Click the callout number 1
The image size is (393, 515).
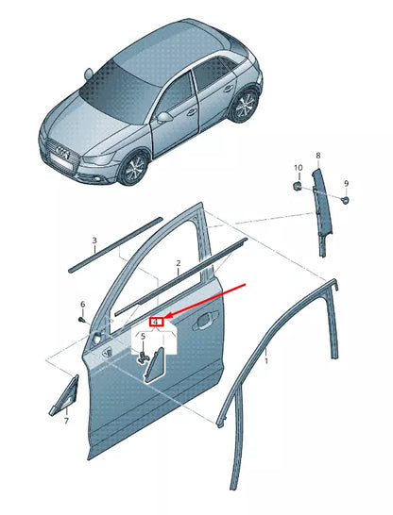(x=266, y=361)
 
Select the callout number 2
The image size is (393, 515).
(x=179, y=263)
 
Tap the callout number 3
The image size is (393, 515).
(x=94, y=241)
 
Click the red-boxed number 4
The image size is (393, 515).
(x=157, y=322)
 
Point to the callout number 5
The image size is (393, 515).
(x=143, y=337)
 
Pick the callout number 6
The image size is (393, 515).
(x=83, y=305)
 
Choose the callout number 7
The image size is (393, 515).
(x=66, y=421)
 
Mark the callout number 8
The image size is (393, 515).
(x=318, y=156)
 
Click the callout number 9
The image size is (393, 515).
(x=346, y=184)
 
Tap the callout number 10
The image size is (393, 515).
(x=298, y=168)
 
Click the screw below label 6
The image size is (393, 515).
(x=82, y=320)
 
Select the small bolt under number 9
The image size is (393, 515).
(x=345, y=200)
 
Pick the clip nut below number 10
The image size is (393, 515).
(x=297, y=186)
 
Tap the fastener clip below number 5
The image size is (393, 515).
(x=144, y=357)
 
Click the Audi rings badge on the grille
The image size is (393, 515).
(x=62, y=152)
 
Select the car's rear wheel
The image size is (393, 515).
(x=245, y=105)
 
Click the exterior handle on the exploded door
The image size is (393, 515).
(x=206, y=319)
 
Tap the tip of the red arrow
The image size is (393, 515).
(x=164, y=318)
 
